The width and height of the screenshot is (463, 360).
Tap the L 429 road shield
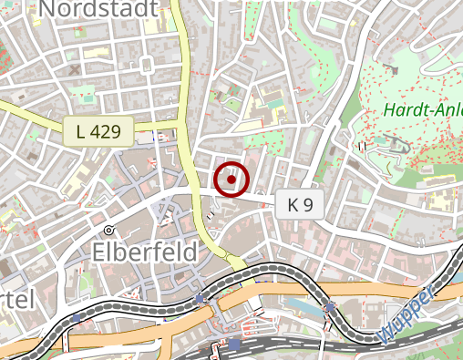tap(98, 131)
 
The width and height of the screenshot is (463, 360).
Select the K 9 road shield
tap(300, 205)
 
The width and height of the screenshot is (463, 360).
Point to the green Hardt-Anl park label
tap(422, 110)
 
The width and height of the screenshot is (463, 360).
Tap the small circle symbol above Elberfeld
tap(108, 230)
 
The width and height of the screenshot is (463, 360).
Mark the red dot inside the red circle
tap(231, 180)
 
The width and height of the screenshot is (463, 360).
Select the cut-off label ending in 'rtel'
tap(16, 299)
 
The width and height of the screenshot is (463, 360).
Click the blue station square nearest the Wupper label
tap(329, 307)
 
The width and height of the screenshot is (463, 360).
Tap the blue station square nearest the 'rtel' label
tap(200, 298)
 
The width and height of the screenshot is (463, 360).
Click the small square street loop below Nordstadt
tap(146, 65)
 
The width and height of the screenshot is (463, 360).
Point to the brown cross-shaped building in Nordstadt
tap(74, 68)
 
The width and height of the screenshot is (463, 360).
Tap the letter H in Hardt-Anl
tap(390, 110)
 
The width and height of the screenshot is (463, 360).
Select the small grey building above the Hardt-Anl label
tap(392, 68)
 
